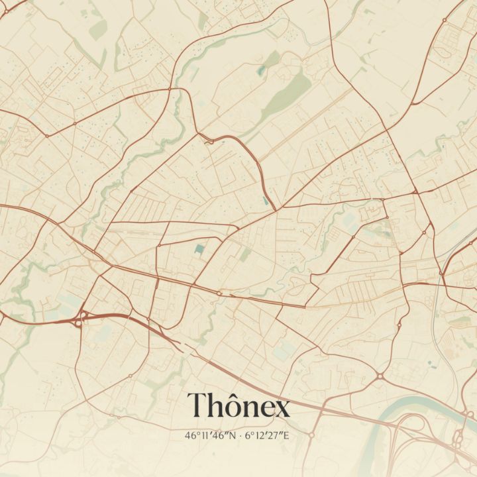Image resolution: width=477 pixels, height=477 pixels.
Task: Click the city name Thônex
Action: pyautogui.click(x=238, y=405)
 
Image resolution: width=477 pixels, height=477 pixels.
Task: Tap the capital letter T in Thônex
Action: pyautogui.click(x=197, y=405)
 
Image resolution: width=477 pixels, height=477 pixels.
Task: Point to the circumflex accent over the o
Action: pyautogui.click(x=235, y=395)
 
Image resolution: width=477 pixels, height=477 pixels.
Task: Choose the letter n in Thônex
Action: pyautogui.click(x=252, y=409)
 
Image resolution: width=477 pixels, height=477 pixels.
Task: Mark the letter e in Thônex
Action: pyautogui.click(x=268, y=409)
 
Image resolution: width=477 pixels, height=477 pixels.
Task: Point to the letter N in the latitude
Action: pyautogui.click(x=231, y=436)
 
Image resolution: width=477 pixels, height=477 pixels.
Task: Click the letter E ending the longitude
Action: pyautogui.click(x=288, y=436)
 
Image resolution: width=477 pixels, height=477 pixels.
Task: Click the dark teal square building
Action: pyautogui.click(x=199, y=249)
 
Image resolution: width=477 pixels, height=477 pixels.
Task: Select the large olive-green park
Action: pyautogui.click(x=291, y=93)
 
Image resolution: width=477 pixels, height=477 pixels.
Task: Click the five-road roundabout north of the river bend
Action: pyautogui.click(x=381, y=376)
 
